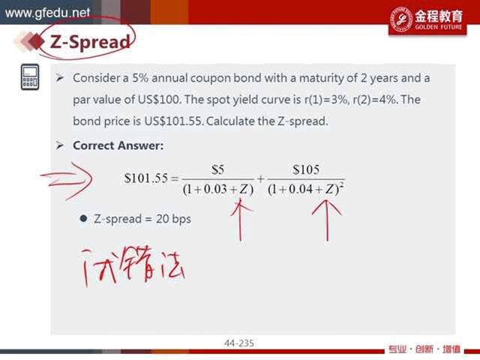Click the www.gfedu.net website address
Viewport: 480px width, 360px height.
(x=47, y=13)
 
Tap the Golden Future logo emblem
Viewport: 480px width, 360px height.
(x=401, y=19)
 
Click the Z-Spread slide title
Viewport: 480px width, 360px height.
(x=90, y=42)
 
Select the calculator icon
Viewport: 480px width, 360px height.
(x=30, y=76)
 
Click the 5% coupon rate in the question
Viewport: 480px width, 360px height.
(x=140, y=78)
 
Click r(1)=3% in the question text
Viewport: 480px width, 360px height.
(x=326, y=100)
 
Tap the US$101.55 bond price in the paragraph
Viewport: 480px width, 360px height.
(x=173, y=121)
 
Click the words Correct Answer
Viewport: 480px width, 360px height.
(x=118, y=145)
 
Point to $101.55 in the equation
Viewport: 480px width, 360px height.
(x=146, y=178)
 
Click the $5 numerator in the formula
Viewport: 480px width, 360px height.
(x=218, y=169)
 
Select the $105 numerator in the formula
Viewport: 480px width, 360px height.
(x=306, y=169)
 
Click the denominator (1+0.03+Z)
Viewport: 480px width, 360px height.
(x=218, y=190)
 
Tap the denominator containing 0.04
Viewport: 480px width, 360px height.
(x=306, y=190)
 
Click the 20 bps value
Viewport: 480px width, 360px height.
(x=173, y=219)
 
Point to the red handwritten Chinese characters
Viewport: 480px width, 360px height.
(x=133, y=265)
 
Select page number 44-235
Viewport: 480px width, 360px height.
(x=239, y=343)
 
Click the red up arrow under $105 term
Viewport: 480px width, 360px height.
(x=327, y=220)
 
